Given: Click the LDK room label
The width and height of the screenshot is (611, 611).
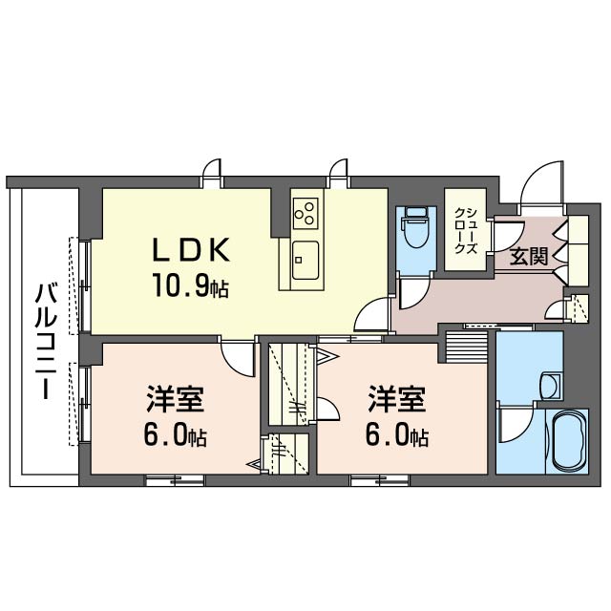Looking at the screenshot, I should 192,250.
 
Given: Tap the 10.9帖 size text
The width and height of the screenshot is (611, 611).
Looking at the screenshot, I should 187,284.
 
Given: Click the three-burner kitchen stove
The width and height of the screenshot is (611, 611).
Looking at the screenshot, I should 306,212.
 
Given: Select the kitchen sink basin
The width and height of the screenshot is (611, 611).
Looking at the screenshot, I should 306,257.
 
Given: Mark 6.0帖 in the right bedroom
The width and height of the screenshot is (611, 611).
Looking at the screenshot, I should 397,437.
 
